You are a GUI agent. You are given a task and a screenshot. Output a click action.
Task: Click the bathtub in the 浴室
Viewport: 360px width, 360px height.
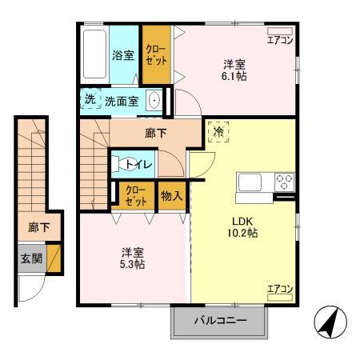click(94, 54)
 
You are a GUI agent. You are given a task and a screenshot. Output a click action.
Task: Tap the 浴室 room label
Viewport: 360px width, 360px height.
click(123, 55)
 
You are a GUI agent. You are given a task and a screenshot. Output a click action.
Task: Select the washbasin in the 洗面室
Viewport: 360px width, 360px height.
click(154, 100)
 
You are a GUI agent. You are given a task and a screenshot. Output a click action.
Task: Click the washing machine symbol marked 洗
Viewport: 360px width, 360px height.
click(90, 98)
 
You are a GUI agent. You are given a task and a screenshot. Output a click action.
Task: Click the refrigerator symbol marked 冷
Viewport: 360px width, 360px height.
click(218, 131)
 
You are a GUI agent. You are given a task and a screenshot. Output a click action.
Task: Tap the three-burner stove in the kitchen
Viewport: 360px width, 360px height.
click(284, 182)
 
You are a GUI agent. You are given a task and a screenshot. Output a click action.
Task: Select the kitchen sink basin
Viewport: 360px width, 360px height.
click(250, 182)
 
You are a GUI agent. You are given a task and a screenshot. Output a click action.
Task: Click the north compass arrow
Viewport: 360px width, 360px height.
click(330, 322)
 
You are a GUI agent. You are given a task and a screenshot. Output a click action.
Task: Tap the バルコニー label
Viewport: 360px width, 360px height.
click(221, 320)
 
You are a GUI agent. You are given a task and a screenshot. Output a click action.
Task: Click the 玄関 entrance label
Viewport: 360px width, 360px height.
click(31, 258)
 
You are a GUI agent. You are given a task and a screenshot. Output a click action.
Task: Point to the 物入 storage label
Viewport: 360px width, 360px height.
click(172, 196)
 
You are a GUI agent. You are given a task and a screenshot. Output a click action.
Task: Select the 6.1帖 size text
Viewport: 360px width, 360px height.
click(234, 77)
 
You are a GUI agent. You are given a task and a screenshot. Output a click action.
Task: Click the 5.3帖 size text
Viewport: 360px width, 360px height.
click(132, 265)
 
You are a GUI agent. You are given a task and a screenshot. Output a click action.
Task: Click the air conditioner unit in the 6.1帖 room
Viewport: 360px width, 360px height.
click(280, 31)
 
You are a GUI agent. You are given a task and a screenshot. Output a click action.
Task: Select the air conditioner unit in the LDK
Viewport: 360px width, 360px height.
click(280, 298)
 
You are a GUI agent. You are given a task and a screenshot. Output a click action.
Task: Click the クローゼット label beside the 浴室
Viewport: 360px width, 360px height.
click(156, 55)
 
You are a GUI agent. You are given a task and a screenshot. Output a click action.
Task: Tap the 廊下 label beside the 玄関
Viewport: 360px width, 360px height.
click(39, 227)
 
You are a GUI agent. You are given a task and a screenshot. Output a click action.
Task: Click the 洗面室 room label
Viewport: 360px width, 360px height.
click(122, 102)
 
